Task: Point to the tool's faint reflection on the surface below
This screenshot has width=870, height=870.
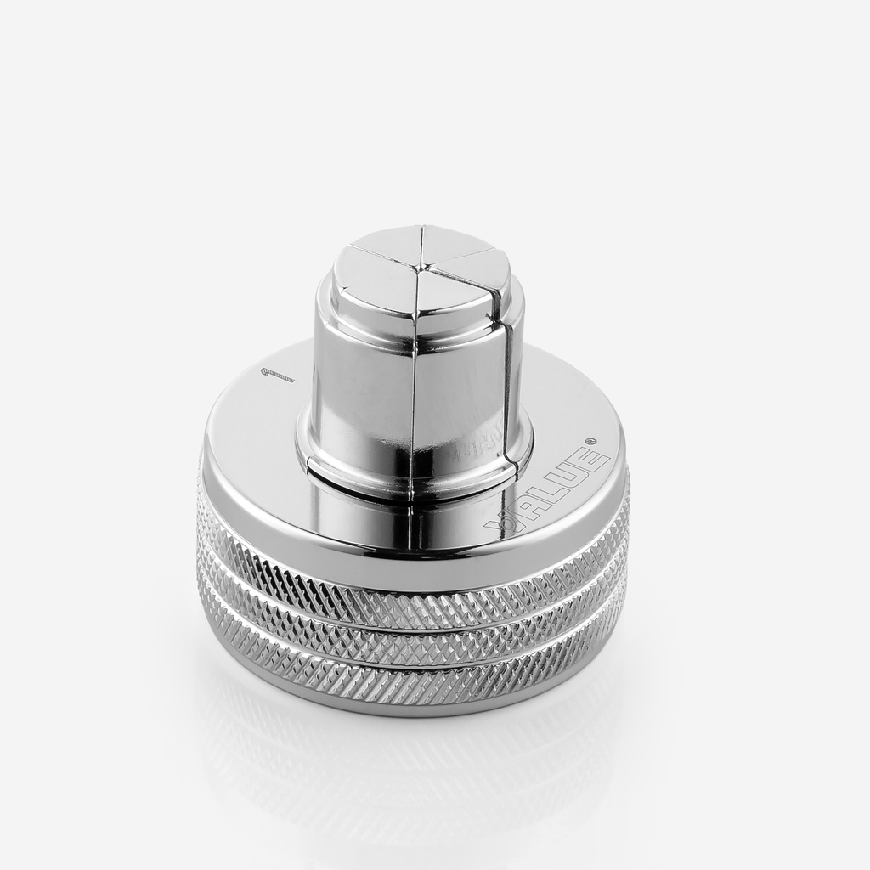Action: (408, 765)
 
